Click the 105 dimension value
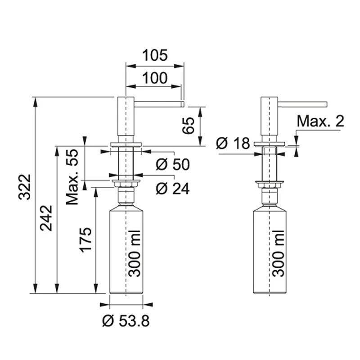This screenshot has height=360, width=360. tap(155, 55)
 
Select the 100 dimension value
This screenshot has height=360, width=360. tap(155, 78)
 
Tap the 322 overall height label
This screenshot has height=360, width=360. tap(25, 187)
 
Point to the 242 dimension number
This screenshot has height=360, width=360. tap(46, 218)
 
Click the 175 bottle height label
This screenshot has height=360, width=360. tap(85, 240)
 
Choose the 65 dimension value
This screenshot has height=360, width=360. tap(188, 126)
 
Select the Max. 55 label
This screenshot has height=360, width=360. tap(72, 177)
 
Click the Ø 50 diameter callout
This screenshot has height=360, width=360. tap(173, 164)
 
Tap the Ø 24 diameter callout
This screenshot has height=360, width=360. tap(173, 189)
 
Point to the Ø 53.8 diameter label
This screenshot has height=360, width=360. tap(126, 321)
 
